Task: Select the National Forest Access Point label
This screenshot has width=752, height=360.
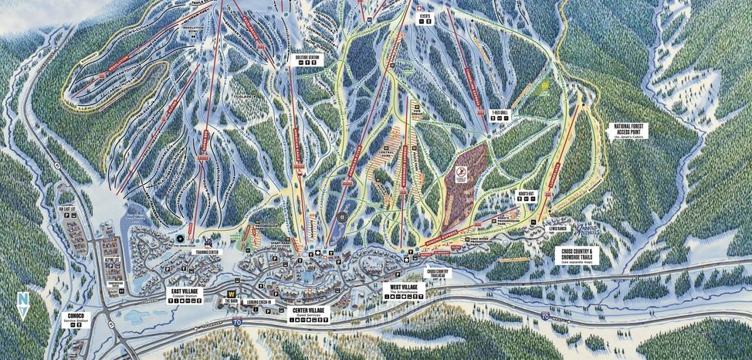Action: click(x=630, y=131)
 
